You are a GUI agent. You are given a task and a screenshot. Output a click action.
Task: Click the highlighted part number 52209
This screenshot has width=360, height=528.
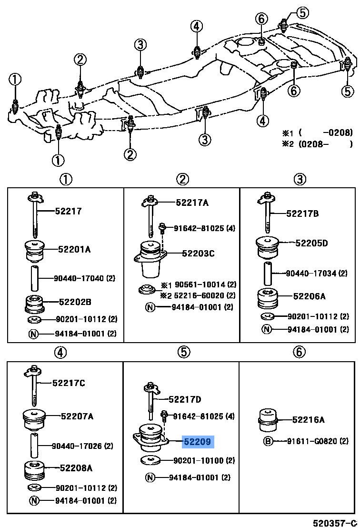click(198, 442)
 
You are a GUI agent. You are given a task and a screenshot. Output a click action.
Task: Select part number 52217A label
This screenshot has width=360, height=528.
click(192, 203)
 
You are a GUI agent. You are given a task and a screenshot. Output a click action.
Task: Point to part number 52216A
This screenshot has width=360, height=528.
click(308, 420)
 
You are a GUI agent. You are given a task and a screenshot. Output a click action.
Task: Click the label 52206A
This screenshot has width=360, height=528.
click(309, 296)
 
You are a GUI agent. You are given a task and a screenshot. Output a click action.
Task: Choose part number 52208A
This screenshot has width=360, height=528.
click(76, 468)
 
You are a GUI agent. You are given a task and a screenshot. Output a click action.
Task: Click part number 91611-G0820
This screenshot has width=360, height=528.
click(318, 441)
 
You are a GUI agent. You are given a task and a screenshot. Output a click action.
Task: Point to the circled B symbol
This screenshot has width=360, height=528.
click(268, 441)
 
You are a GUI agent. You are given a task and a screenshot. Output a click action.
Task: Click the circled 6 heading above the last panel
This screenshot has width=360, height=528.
click(299, 352)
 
